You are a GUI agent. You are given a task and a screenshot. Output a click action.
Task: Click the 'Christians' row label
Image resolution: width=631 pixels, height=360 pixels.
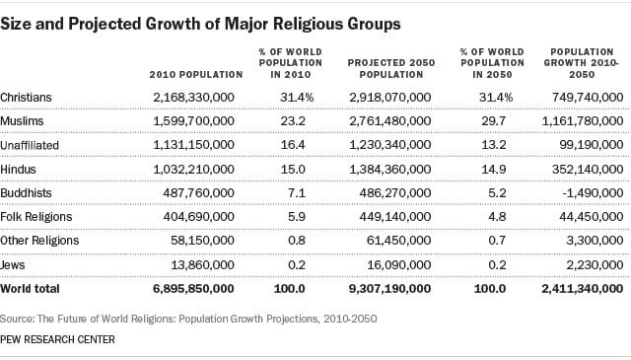click(28, 97)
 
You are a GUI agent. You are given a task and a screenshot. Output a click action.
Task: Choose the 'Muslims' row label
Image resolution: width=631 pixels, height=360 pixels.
click(25, 120)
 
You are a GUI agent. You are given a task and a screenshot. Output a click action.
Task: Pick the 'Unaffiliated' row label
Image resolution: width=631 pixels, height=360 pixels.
click(32, 144)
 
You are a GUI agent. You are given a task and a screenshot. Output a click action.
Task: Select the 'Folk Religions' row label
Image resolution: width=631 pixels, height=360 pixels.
click(36, 216)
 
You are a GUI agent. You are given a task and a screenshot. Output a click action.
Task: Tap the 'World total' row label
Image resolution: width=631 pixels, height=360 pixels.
click(31, 289)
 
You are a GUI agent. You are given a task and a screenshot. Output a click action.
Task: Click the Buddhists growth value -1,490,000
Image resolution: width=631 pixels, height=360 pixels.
click(588, 192)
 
